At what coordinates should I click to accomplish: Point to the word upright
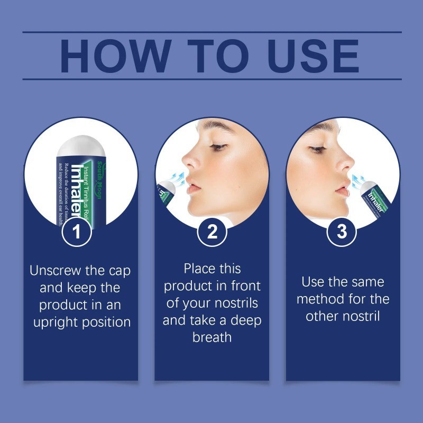[59, 322]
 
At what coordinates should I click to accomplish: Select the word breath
[212, 337]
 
